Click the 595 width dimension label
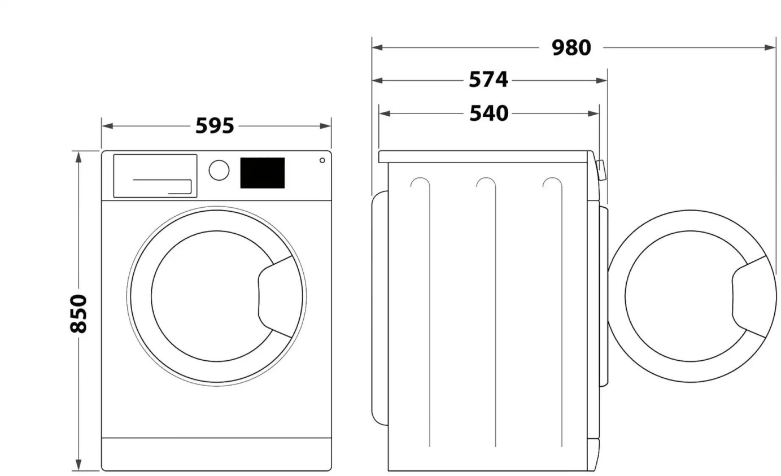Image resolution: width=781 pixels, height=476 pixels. (215, 125)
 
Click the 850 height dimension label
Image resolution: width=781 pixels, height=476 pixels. (78, 313)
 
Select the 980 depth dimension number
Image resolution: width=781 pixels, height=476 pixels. (571, 48)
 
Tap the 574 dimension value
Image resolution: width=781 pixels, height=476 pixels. (488, 80)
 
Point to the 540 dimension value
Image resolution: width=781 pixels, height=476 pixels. (489, 113)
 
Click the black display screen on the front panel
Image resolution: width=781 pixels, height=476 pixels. (262, 173)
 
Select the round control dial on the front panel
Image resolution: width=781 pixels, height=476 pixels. (219, 170)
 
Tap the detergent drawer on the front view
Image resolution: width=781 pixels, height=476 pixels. (155, 176)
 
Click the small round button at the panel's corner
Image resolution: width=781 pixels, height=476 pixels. (322, 160)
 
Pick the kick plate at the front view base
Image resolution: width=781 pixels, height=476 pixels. (216, 453)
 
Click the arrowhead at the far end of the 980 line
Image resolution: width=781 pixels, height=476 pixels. (771, 47)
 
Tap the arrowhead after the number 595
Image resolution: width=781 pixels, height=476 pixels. (326, 125)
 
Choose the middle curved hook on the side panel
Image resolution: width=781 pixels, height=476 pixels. (486, 184)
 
